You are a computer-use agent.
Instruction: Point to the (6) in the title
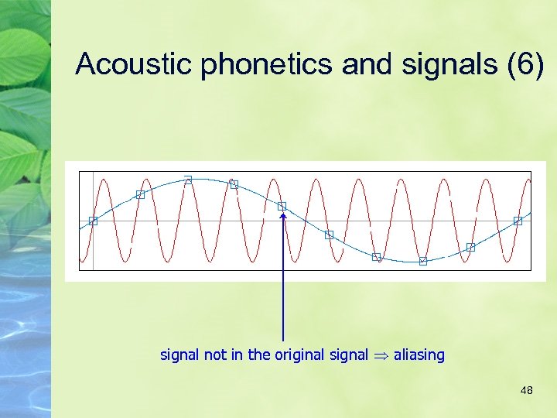click(526, 65)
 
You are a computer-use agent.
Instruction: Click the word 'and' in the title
click(367, 65)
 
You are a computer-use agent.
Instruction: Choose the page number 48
click(527, 391)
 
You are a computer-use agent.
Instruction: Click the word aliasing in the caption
click(419, 355)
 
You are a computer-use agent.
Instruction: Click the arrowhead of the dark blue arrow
click(283, 217)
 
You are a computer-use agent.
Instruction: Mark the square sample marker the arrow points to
click(282, 206)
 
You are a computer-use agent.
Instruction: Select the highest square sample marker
click(188, 180)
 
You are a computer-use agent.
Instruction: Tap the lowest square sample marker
click(423, 261)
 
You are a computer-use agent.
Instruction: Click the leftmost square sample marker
click(93, 221)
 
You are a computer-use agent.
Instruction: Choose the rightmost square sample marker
click(518, 221)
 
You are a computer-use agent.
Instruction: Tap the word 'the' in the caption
click(259, 355)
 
